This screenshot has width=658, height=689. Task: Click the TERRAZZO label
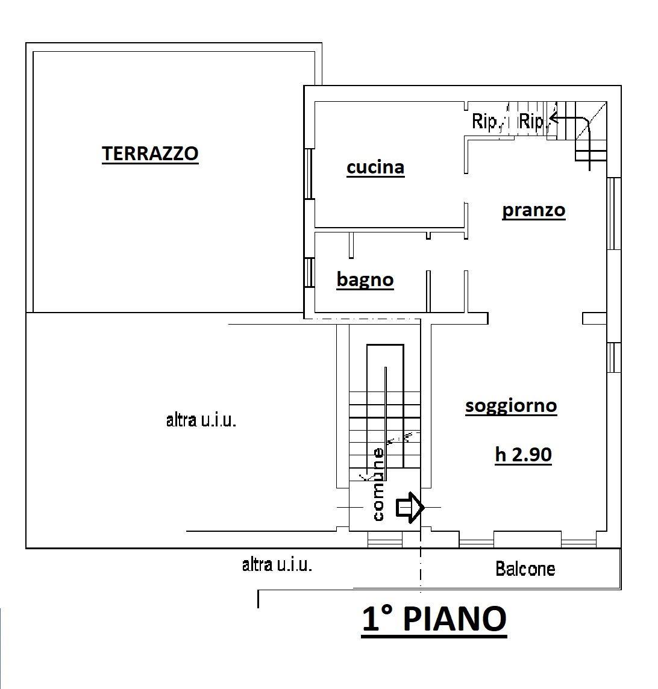150,154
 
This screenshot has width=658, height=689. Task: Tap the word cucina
375,167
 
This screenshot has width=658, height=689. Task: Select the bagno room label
365,279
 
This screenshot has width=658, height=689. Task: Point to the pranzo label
534,210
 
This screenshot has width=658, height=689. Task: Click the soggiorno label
511,405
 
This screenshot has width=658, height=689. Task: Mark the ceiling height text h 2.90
523,454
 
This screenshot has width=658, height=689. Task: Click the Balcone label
525,569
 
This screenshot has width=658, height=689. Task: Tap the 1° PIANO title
434,619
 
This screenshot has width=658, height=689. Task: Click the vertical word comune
378,484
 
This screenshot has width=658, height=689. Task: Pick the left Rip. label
484,121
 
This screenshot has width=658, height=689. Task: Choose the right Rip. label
532,121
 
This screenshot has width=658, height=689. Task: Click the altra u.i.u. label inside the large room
201,420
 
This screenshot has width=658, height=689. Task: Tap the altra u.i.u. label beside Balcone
277,564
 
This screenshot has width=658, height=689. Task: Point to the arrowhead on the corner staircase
553,118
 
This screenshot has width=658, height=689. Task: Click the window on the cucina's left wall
310,174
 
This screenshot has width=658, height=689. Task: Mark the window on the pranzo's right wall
614,214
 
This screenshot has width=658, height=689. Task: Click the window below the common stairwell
385,540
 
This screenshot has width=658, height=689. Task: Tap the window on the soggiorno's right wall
614,357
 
